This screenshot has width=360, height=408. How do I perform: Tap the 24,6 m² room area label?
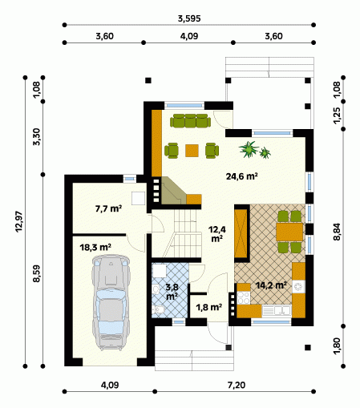pyautogui.click(x=242, y=176)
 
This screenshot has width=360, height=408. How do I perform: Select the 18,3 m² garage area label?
pyautogui.click(x=95, y=248)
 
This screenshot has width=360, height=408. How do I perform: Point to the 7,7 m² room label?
pyautogui.click(x=108, y=208)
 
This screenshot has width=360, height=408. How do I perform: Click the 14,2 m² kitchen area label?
pyautogui.click(x=271, y=285)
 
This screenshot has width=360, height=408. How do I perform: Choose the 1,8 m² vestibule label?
pyautogui.click(x=209, y=308)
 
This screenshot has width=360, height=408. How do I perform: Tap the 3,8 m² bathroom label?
pyautogui.click(x=172, y=292)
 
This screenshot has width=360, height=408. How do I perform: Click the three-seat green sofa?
pyautogui.click(x=190, y=121)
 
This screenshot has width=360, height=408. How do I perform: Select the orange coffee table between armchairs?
pyautogui.click(x=192, y=151)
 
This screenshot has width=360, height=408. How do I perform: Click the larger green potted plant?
pyautogui.click(x=249, y=149)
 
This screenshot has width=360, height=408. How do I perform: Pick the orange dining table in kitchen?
pyautogui.click(x=289, y=232)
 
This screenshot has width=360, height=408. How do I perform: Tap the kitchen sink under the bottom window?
pyautogui.click(x=277, y=311)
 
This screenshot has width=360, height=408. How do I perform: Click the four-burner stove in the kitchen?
pyautogui.click(x=244, y=298)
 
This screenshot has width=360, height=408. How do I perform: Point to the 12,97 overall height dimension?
pyautogui.click(x=19, y=222)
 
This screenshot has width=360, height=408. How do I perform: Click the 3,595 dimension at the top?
pyautogui.click(x=189, y=18)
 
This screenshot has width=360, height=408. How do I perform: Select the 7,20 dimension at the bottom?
pyautogui.click(x=237, y=385)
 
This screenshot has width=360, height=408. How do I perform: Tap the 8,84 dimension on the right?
pyautogui.click(x=338, y=232)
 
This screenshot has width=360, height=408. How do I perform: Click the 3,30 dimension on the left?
pyautogui.click(x=37, y=137)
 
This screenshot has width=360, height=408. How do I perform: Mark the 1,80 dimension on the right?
pyautogui.click(x=338, y=346)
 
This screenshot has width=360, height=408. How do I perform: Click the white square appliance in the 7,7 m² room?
pyautogui.click(x=138, y=198)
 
